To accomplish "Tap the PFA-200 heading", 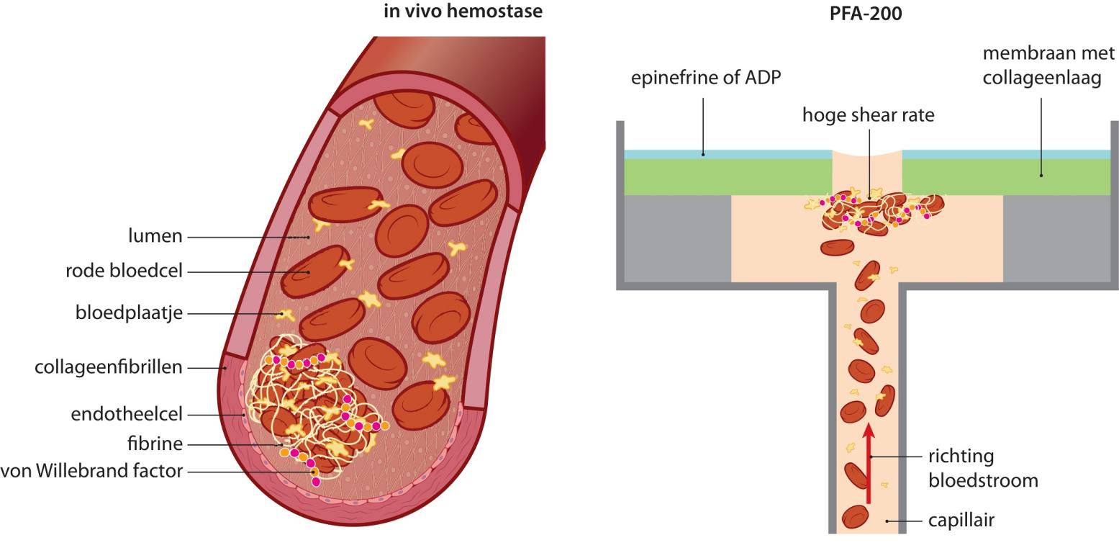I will coord(866,13).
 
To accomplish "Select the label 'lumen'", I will coord(155,236).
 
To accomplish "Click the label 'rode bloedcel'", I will coord(124,271).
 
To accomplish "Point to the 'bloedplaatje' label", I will coord(129,313).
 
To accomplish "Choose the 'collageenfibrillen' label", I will coord(109,367).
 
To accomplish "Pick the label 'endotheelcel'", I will coord(127,414).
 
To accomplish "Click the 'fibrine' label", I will coord(155,444).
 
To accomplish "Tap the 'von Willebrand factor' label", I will coord(91,472).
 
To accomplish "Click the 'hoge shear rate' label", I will coord(869,114).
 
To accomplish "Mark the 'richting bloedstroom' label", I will coord(983,468).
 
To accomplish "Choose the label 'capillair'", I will coord(961,520).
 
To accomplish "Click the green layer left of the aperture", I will coord(727,176).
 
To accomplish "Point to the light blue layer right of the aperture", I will coord(1007,154).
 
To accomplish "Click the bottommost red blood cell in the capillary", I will coord(856,516).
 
